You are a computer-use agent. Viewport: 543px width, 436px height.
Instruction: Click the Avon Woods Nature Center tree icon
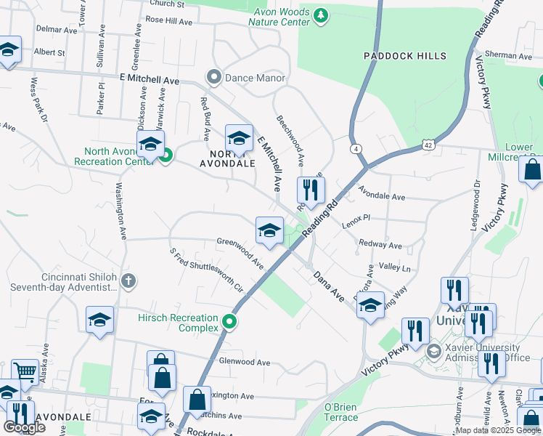coord(320,15)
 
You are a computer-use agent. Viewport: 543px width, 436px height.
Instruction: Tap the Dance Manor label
coord(245,78)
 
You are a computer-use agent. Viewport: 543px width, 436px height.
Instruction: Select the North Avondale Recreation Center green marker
coord(166,155)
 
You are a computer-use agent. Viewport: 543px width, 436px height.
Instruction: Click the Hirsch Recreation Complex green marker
coord(230,320)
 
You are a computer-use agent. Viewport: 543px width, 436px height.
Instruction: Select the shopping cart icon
coord(25,372)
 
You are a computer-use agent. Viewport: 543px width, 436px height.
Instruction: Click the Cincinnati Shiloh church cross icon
coord(128,280)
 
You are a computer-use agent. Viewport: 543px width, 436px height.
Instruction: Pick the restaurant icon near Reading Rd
coord(311,190)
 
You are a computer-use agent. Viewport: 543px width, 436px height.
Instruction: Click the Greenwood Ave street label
coord(240,251)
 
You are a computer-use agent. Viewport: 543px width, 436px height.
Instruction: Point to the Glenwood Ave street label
coord(245,362)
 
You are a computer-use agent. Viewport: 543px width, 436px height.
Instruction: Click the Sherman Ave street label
coord(509,55)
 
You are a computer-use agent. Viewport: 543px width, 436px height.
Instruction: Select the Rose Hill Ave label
coord(168,22)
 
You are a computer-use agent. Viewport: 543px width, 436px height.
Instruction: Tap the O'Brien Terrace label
coord(340,412)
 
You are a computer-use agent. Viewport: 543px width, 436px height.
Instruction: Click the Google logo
coord(24,427)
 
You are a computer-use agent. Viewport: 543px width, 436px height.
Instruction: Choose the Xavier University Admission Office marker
coord(433,352)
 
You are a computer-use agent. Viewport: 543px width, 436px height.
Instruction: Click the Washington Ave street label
coord(118,211)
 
